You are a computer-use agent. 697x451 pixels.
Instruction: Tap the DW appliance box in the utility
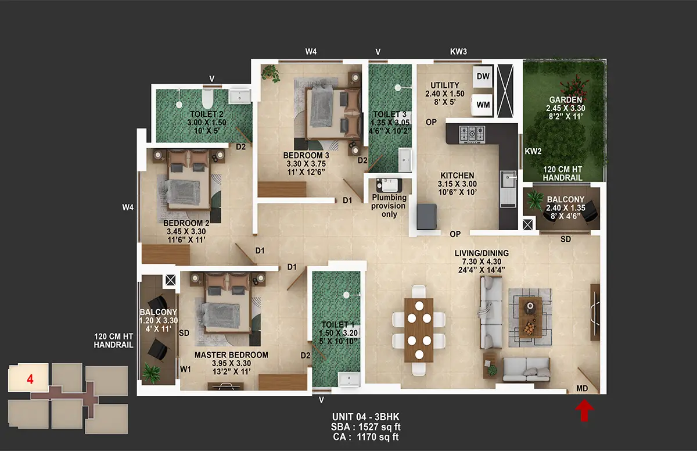coord(483,77)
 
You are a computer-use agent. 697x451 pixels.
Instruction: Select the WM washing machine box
coord(483,105)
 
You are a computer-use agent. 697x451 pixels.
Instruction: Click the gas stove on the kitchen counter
coord(472,134)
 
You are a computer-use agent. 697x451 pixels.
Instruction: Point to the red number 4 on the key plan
coord(30,379)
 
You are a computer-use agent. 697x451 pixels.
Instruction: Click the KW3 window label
coord(458,52)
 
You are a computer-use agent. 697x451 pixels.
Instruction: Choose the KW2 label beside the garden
coord(533,151)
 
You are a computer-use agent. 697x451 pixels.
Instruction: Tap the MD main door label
coord(582,388)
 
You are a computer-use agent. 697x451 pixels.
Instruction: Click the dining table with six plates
coord(419,330)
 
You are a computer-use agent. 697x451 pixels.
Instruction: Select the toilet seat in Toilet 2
coord(207,99)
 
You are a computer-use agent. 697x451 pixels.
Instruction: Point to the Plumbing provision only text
coord(389,206)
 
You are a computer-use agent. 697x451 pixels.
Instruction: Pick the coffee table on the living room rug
coord(530,317)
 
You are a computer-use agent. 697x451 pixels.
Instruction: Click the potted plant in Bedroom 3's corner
coord(271,73)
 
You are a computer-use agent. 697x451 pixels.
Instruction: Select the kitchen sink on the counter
coord(508,180)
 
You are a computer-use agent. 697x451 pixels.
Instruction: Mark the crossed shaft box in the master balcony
coord(170,281)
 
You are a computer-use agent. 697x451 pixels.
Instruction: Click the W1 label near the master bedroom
coord(185,369)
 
